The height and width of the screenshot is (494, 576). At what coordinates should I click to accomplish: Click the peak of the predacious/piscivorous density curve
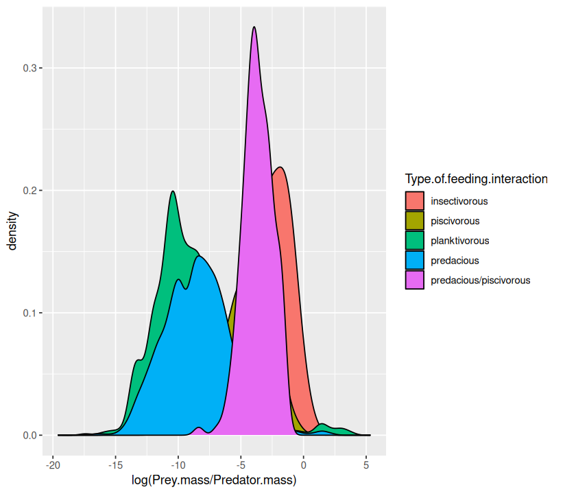pyautogui.click(x=254, y=27)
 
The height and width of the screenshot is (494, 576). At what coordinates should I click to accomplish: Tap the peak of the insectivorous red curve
pyautogui.click(x=279, y=167)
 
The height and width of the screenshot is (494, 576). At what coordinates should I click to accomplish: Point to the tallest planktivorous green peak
pyautogui.click(x=173, y=191)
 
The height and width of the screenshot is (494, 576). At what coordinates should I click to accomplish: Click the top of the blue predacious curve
pyautogui.click(x=200, y=257)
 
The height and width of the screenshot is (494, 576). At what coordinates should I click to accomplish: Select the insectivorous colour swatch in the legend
pyautogui.click(x=414, y=201)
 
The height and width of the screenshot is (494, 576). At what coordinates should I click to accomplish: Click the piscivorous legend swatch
pyautogui.click(x=414, y=221)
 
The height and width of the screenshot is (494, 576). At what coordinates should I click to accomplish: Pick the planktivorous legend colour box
pyautogui.click(x=414, y=241)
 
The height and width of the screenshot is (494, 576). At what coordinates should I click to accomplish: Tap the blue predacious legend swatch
pyautogui.click(x=414, y=261)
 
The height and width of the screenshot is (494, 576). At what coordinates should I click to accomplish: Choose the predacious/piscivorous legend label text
pyautogui.click(x=480, y=280)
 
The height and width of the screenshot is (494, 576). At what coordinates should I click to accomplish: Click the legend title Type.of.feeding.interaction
pyautogui.click(x=476, y=179)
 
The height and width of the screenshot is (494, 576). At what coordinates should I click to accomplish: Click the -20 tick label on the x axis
pyautogui.click(x=52, y=465)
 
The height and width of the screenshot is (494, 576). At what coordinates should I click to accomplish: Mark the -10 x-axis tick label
pyautogui.click(x=178, y=465)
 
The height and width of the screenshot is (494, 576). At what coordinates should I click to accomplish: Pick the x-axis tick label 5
pyautogui.click(x=366, y=465)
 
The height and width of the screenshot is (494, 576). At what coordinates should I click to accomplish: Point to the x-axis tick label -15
pyautogui.click(x=115, y=465)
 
